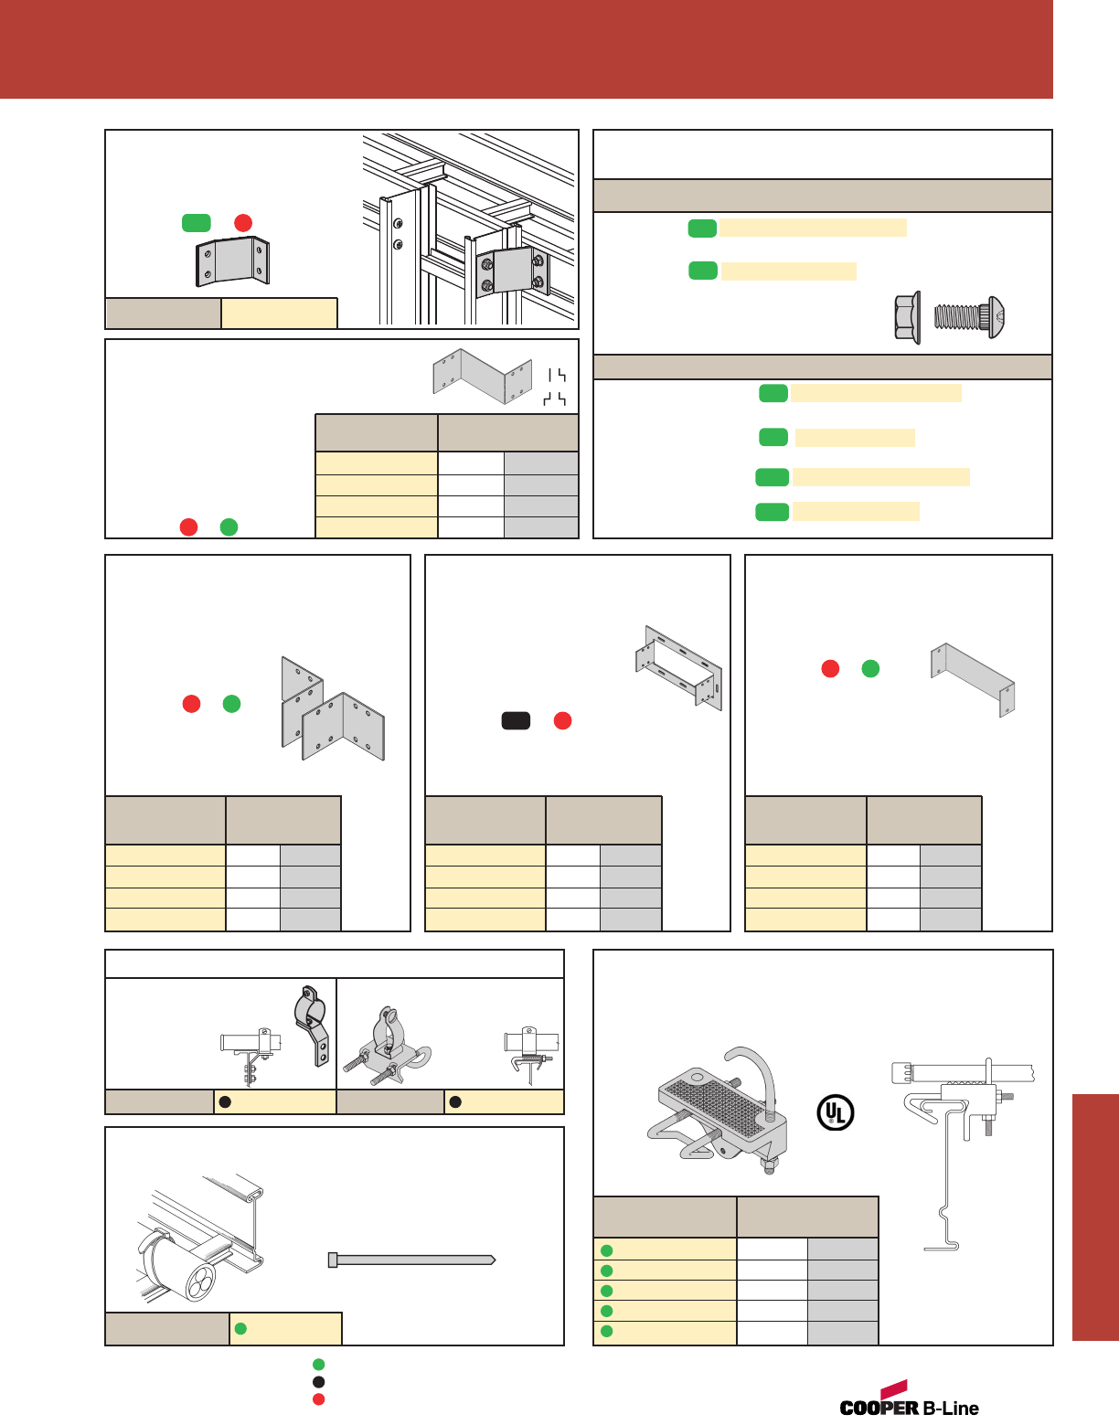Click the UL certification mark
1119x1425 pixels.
835,1112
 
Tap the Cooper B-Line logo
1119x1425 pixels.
909,1401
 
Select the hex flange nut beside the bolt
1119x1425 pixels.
907,318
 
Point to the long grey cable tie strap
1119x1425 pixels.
411,1260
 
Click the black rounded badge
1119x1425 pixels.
516,720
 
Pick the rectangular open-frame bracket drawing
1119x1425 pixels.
679,667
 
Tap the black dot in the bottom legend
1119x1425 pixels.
318,1382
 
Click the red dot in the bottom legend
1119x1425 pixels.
318,1399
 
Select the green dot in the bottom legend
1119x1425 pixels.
318,1365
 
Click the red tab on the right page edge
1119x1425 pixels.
1094,1217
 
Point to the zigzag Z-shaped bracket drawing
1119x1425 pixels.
482,375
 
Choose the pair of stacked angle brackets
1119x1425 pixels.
333,709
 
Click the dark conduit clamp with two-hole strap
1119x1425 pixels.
312,1024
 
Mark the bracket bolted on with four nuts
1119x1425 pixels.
510,272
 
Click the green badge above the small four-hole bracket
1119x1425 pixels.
196,223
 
